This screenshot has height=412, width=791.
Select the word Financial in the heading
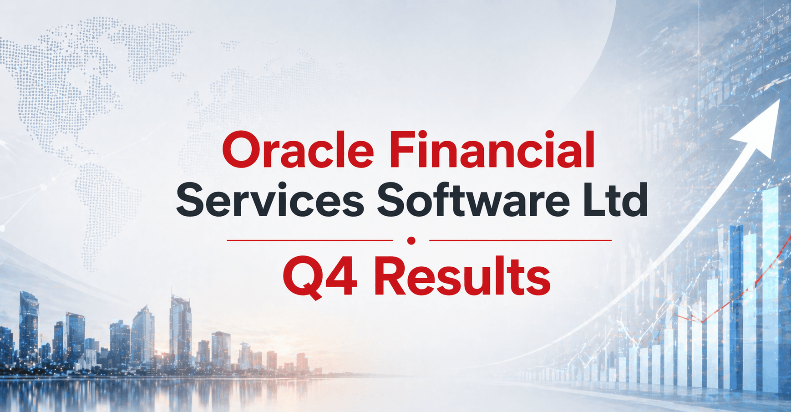(492, 150)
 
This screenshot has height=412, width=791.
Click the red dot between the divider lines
(411, 240)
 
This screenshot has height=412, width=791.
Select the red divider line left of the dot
(309, 240)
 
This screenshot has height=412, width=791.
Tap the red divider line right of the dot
(520, 240)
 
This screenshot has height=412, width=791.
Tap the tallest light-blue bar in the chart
(770, 282)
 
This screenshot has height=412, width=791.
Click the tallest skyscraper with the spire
(180, 328)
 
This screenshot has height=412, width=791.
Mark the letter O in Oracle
(240, 150)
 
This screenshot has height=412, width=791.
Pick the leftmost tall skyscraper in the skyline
(29, 328)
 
